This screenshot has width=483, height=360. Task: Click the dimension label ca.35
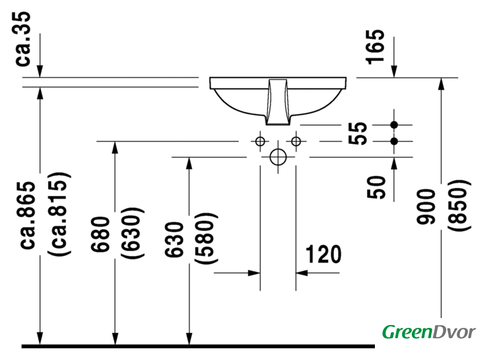[x=23, y=39]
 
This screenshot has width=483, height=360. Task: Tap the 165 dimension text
[x=375, y=47]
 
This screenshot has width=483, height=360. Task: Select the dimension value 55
[x=358, y=133]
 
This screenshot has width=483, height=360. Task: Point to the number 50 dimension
[x=376, y=187]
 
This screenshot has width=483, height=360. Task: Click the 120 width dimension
[x=323, y=254]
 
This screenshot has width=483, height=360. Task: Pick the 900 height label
[x=425, y=206]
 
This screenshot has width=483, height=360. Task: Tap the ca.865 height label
[x=28, y=215]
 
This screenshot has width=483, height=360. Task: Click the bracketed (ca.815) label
[x=59, y=214]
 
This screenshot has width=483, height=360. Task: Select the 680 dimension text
[x=101, y=234]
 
